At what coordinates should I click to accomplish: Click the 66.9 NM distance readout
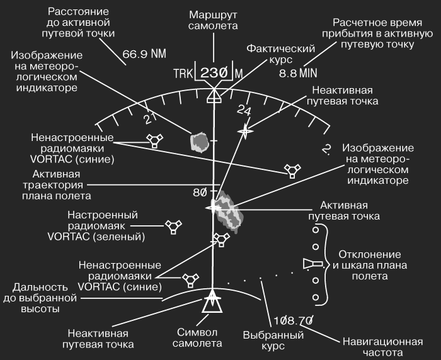click(144, 53)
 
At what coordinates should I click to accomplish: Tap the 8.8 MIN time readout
click(298, 73)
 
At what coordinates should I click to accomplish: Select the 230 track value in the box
click(214, 73)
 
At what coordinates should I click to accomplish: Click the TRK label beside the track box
click(183, 74)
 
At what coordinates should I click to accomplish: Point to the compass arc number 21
click(150, 119)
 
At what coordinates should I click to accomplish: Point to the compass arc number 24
click(244, 110)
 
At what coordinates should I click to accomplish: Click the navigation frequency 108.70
click(293, 320)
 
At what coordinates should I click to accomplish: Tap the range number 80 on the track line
click(200, 193)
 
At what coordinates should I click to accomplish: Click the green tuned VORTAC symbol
click(173, 227)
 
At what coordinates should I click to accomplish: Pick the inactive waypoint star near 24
click(245, 131)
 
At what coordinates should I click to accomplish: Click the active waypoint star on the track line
click(214, 208)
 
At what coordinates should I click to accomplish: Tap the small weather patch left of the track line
click(200, 143)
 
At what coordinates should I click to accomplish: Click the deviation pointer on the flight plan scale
click(312, 264)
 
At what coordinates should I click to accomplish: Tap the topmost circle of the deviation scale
click(316, 230)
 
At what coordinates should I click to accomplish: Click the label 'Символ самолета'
click(197, 338)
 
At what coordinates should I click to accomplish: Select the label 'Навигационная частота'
click(382, 347)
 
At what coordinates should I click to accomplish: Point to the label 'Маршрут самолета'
click(213, 20)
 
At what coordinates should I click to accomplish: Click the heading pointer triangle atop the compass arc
click(214, 96)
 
